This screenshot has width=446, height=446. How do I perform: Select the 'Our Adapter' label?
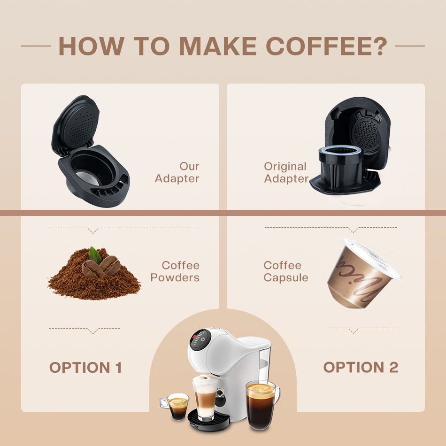(x=177, y=172)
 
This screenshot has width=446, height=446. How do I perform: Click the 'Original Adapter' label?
(x=286, y=172)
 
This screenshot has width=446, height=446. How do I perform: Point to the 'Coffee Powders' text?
(x=175, y=271)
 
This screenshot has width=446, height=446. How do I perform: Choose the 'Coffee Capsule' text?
(x=286, y=271)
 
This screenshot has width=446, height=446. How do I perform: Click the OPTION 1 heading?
(x=85, y=368)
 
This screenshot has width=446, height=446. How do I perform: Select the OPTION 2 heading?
(x=361, y=367)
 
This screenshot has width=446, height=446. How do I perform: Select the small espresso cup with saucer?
(x=177, y=406)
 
